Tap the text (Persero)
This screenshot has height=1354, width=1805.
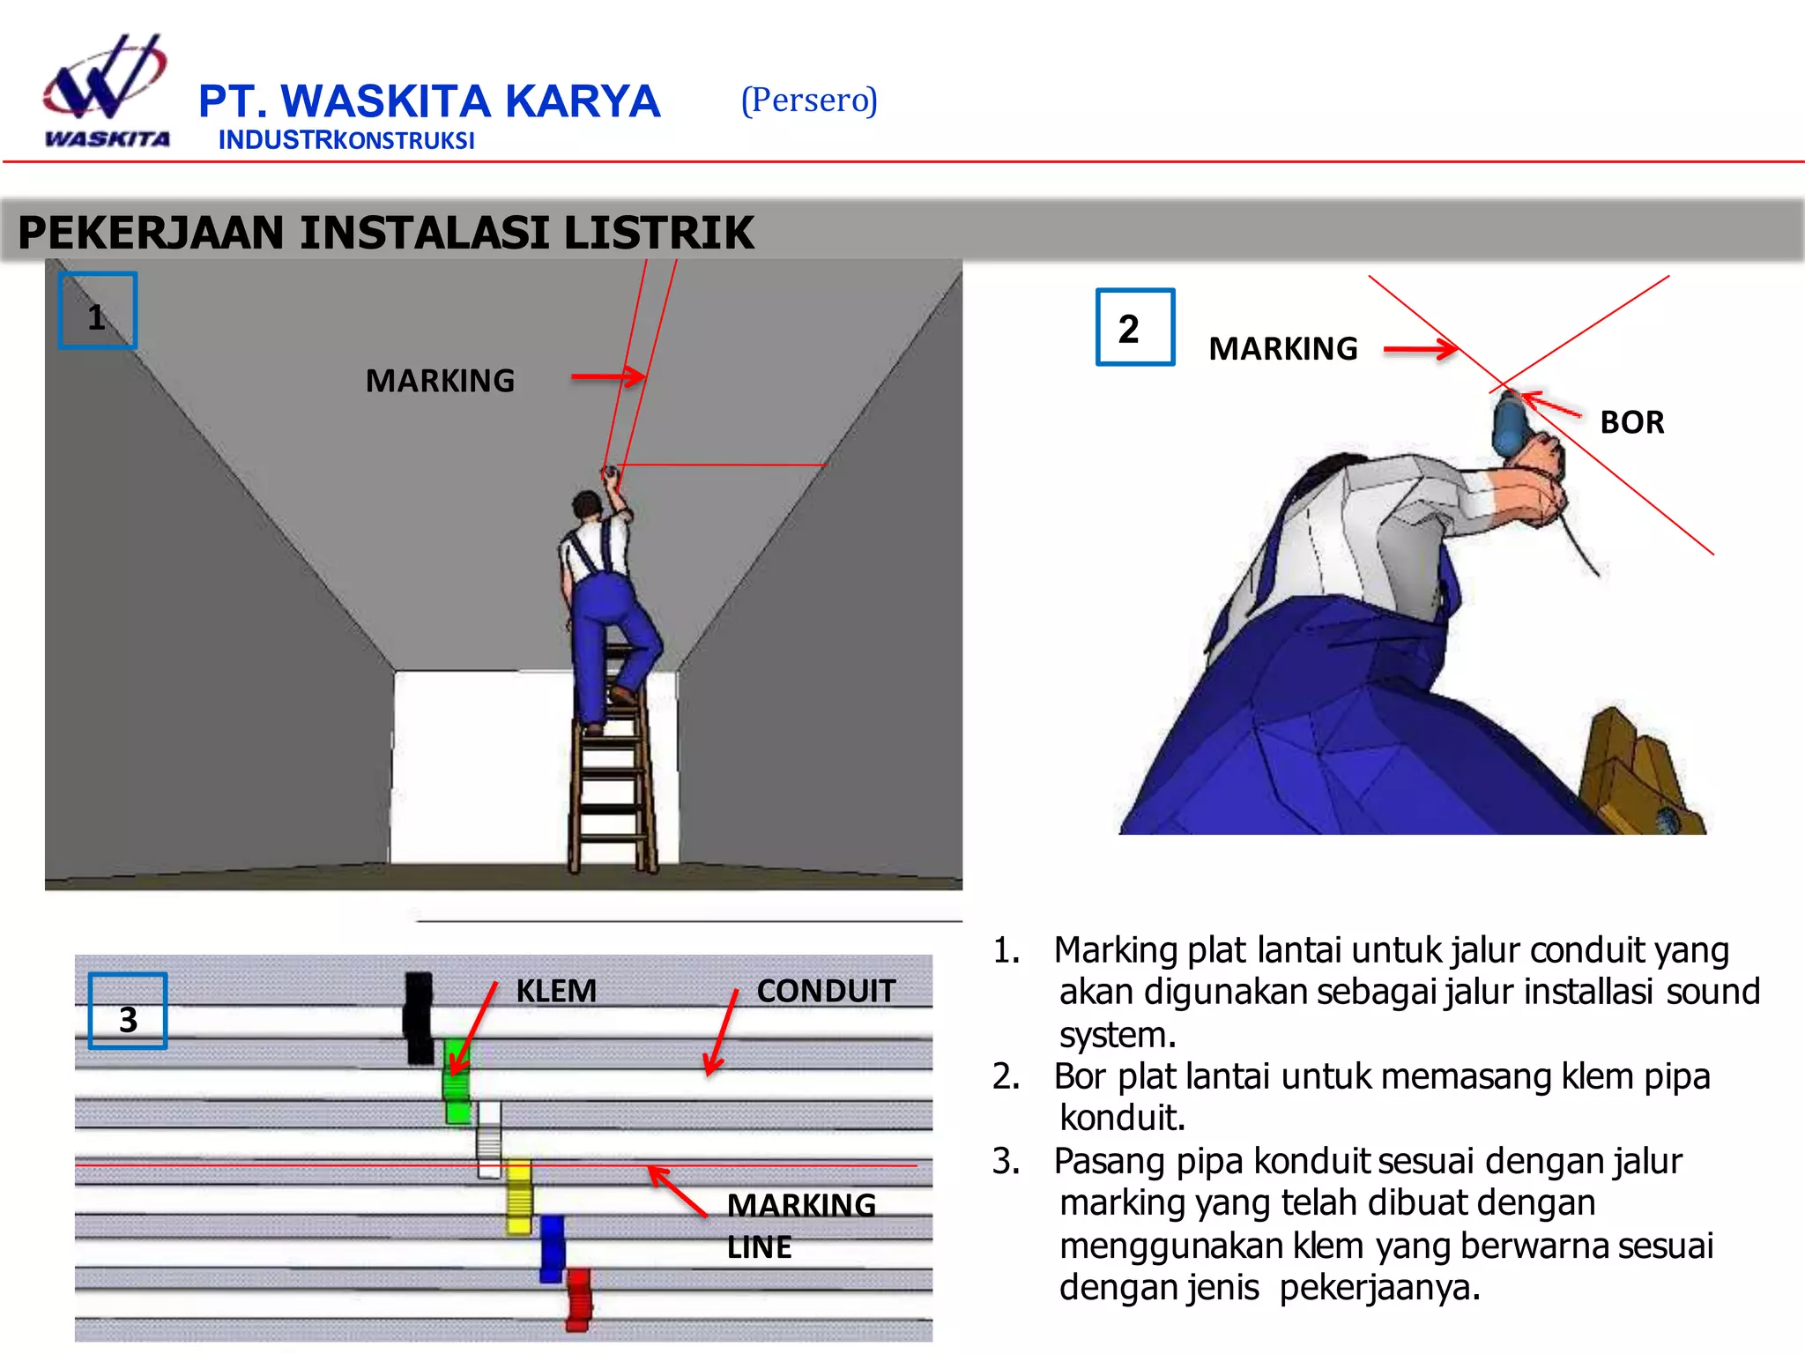(x=809, y=100)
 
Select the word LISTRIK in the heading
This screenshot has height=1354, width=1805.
(x=658, y=233)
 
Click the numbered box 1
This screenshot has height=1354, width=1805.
(x=97, y=311)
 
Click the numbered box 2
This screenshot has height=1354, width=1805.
(x=1134, y=327)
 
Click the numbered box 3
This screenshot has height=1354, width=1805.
(x=128, y=1011)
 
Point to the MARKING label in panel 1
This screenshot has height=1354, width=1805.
(x=440, y=381)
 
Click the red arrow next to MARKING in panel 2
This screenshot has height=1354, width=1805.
(x=1420, y=349)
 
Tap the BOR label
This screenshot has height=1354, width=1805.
(x=1631, y=422)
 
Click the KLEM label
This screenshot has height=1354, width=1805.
(x=556, y=991)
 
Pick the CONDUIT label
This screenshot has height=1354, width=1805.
(x=825, y=991)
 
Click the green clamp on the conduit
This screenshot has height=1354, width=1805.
(x=457, y=1080)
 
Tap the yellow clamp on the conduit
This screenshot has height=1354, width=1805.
(x=519, y=1197)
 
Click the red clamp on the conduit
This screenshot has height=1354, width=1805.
(x=578, y=1298)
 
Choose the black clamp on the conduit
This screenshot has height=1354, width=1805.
(x=419, y=1017)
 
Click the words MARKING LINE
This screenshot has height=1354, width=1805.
(x=799, y=1225)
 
